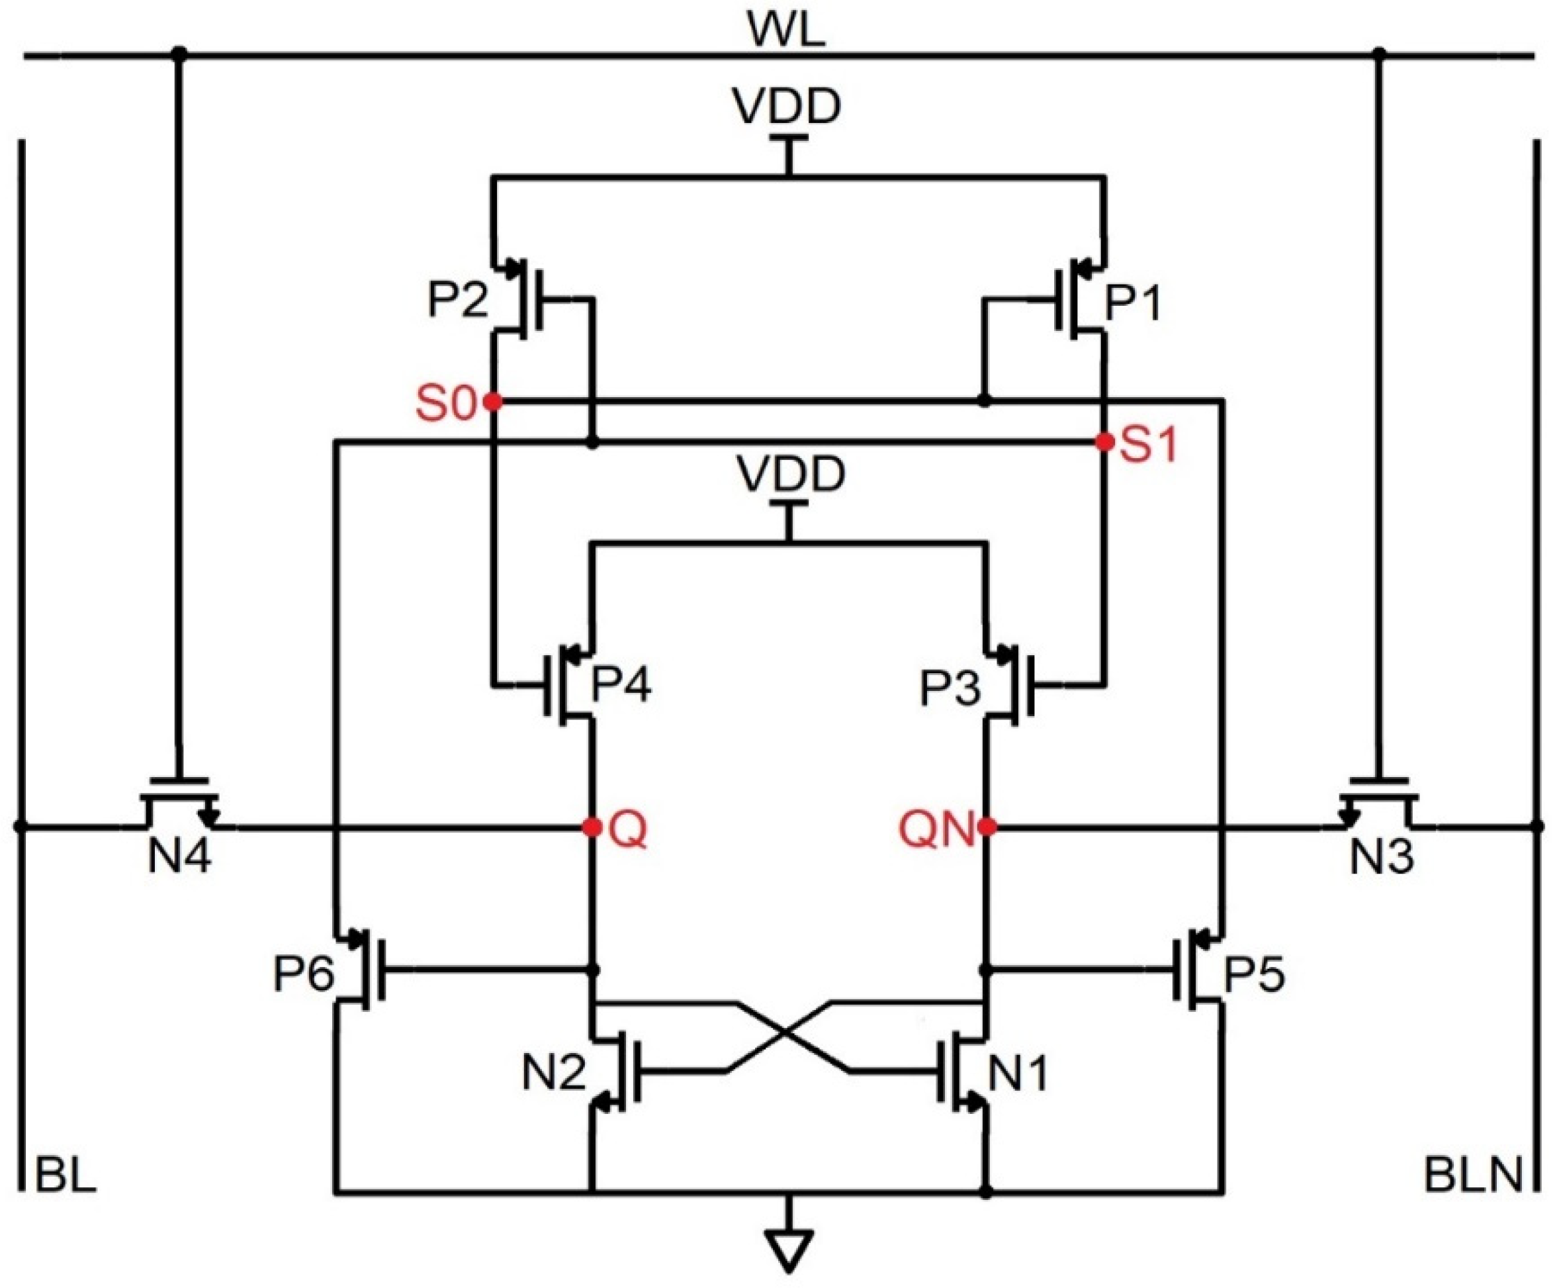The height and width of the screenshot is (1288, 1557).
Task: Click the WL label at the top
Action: [786, 31]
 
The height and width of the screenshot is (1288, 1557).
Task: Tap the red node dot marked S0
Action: [492, 402]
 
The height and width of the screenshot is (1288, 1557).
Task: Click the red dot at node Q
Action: [592, 827]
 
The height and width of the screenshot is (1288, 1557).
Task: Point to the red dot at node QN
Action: [986, 827]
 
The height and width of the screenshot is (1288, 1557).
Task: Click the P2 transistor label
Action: [458, 301]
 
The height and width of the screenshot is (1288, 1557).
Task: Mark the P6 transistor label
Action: [303, 973]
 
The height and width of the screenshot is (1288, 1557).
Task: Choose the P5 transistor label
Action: [1253, 973]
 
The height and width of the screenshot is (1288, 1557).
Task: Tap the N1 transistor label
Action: [1020, 1073]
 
